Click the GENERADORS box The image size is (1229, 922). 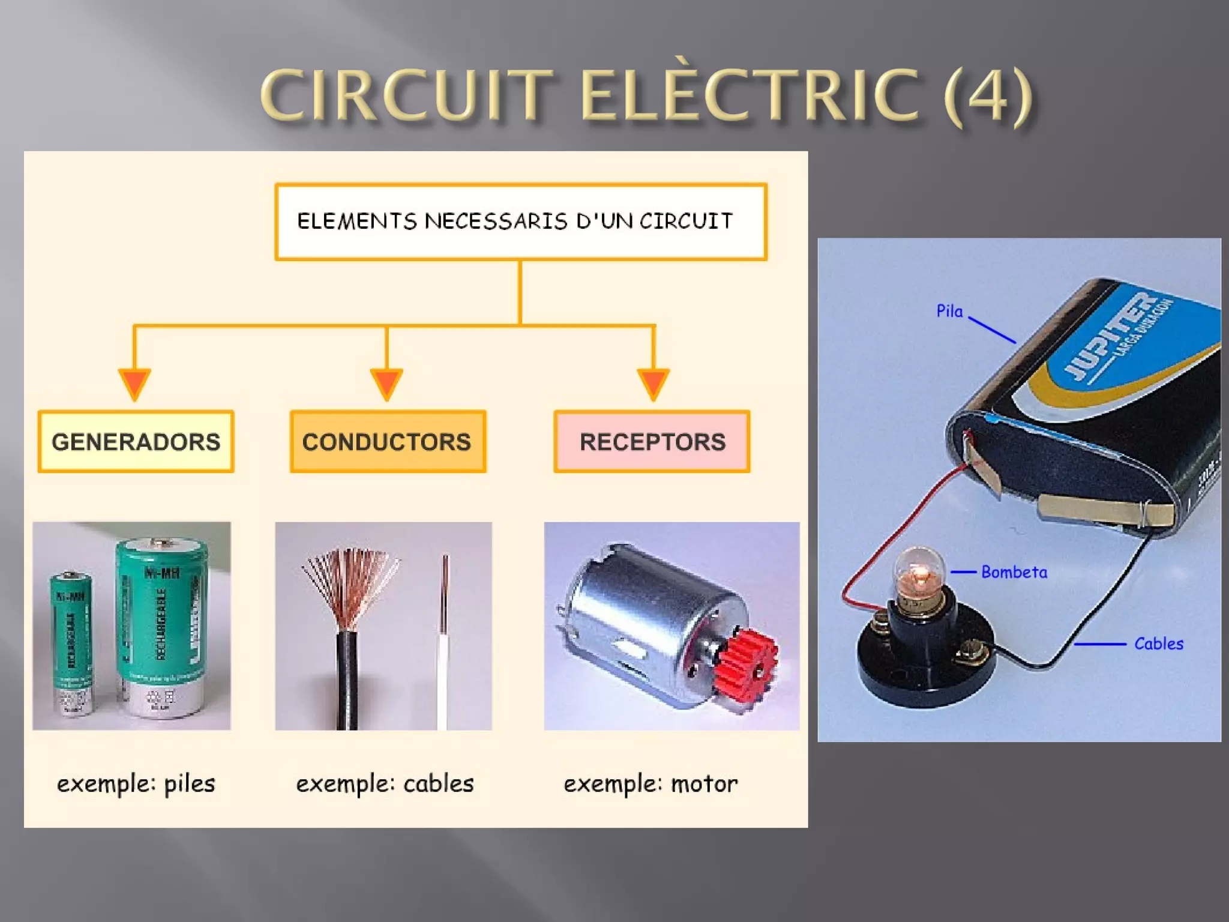click(x=136, y=442)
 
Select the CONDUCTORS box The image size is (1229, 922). click(x=388, y=442)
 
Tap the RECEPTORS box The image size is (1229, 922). click(x=652, y=442)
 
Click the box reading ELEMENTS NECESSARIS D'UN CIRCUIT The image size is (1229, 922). click(x=520, y=221)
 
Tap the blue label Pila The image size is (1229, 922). click(x=949, y=311)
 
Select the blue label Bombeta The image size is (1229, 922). click(x=1014, y=572)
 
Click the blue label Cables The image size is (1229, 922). click(x=1158, y=643)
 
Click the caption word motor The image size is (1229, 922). click(x=704, y=784)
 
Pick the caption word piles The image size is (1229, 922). click(x=189, y=784)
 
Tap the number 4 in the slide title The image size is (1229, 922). click(x=987, y=96)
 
